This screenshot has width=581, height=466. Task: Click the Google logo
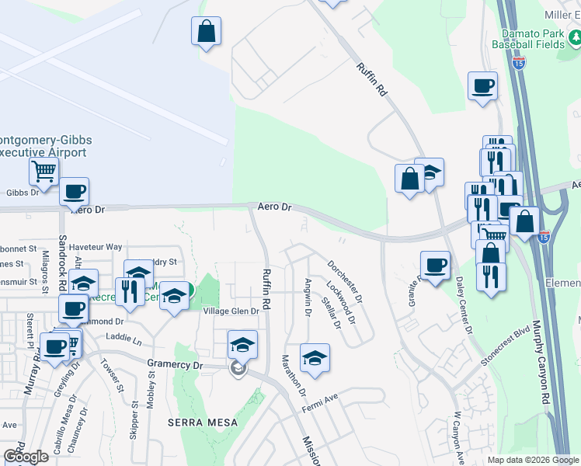tap(26, 456)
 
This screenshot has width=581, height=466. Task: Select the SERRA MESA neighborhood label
tap(197, 422)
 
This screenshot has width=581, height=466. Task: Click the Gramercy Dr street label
tap(174, 363)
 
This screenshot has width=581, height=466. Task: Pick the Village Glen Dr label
tap(230, 311)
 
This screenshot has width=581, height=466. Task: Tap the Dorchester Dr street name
tap(345, 281)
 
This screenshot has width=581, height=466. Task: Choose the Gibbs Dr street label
tap(22, 193)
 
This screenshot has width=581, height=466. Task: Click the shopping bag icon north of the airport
tap(206, 32)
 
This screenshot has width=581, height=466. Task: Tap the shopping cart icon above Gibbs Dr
tap(43, 171)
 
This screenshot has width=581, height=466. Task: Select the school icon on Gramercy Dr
tap(242, 344)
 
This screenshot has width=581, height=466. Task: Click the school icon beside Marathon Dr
tap(315, 358)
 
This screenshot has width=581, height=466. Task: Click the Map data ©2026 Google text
tap(532, 460)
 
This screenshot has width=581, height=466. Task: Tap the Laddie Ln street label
tap(126, 340)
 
